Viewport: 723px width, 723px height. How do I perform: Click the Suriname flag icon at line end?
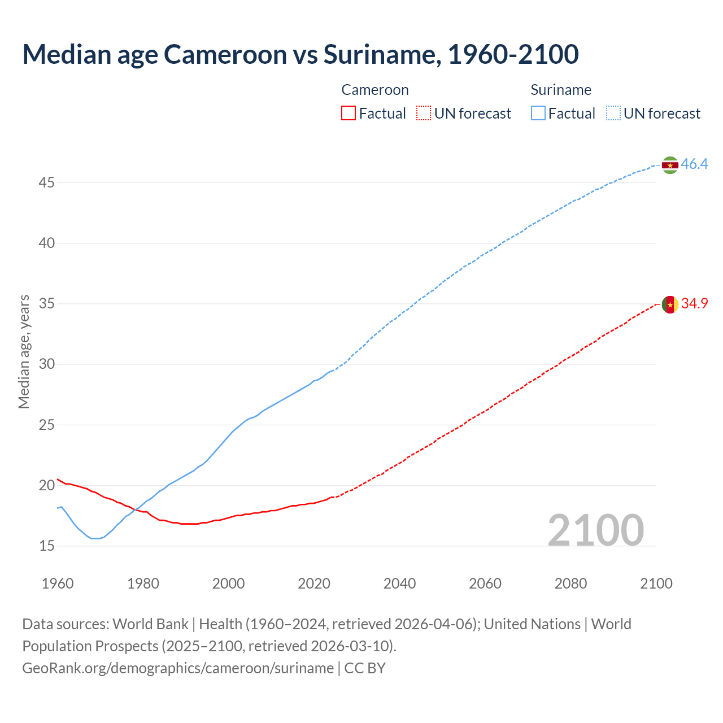[x=670, y=165]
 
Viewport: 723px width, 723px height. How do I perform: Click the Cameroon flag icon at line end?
[x=670, y=304]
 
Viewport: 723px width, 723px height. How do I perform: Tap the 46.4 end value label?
[x=694, y=164]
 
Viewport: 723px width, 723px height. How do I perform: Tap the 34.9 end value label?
[x=694, y=304]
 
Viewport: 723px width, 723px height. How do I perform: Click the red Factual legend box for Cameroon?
[x=349, y=114]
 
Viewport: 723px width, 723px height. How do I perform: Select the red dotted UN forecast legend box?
[x=424, y=114]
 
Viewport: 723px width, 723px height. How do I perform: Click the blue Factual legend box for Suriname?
[x=538, y=114]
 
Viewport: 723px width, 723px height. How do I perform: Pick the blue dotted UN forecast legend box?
[x=613, y=114]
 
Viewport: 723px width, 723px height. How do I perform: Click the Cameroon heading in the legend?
[x=375, y=90]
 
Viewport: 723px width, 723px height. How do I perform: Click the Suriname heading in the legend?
[x=561, y=90]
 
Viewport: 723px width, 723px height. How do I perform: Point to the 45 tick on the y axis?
[x=46, y=183]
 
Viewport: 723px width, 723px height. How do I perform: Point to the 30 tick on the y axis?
[x=46, y=364]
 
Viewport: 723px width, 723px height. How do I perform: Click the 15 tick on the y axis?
[x=46, y=546]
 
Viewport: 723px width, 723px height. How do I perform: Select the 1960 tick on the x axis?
[x=58, y=583]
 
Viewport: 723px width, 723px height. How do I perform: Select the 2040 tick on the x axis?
[x=399, y=583]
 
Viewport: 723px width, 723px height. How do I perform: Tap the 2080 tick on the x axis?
[x=570, y=583]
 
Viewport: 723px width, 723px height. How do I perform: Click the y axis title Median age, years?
[x=24, y=351]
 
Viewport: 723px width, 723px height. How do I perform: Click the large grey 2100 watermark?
[x=595, y=530]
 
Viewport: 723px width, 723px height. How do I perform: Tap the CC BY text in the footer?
[x=365, y=668]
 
